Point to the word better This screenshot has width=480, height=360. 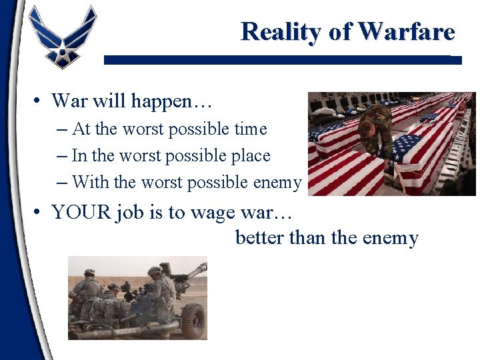tap(260, 238)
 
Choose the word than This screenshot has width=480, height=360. tap(307, 238)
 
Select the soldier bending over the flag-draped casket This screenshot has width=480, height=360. tap(376, 130)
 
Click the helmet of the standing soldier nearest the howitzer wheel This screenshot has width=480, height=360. tap(155, 271)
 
